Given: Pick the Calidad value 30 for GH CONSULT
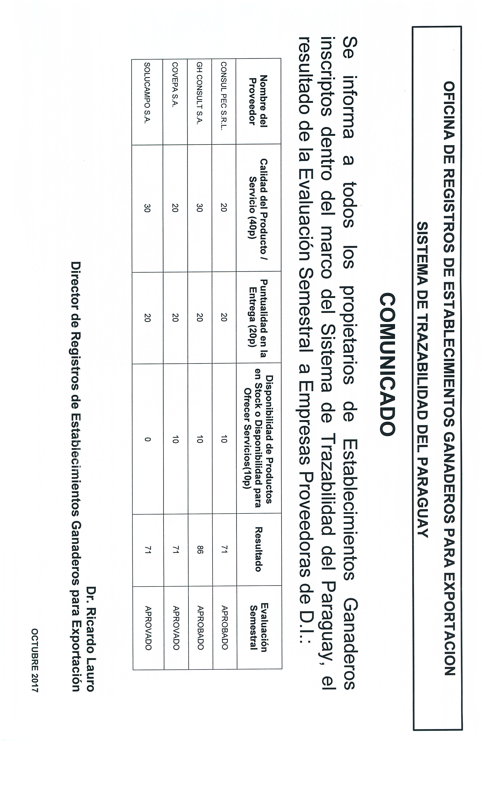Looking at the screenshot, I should pos(199,208).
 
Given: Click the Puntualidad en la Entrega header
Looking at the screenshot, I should pos(259,317).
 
